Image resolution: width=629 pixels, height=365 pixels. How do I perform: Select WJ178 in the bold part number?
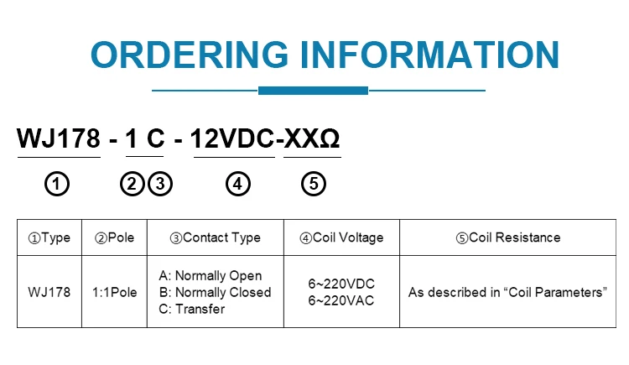tap(59, 139)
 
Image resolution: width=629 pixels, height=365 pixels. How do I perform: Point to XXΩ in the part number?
tap(312, 139)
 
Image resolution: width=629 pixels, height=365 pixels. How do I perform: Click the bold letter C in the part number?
tap(154, 139)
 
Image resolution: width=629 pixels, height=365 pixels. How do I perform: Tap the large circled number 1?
tap(57, 184)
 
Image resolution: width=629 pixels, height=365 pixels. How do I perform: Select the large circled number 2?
tap(133, 184)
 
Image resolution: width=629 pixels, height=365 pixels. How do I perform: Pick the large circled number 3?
tap(160, 184)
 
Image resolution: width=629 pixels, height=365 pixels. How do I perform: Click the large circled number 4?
tap(238, 184)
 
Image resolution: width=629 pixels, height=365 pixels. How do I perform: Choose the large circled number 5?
tap(312, 184)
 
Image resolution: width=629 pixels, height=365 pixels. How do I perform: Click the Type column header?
tap(49, 237)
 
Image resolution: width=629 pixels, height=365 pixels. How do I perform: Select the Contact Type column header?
tap(215, 237)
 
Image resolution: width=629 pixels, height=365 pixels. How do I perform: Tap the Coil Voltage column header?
tap(341, 237)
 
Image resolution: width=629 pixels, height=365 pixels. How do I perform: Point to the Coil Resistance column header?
tap(507, 237)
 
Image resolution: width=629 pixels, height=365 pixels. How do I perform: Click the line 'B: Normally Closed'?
tap(215, 292)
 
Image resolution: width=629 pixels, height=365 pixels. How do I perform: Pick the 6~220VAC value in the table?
tap(341, 300)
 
